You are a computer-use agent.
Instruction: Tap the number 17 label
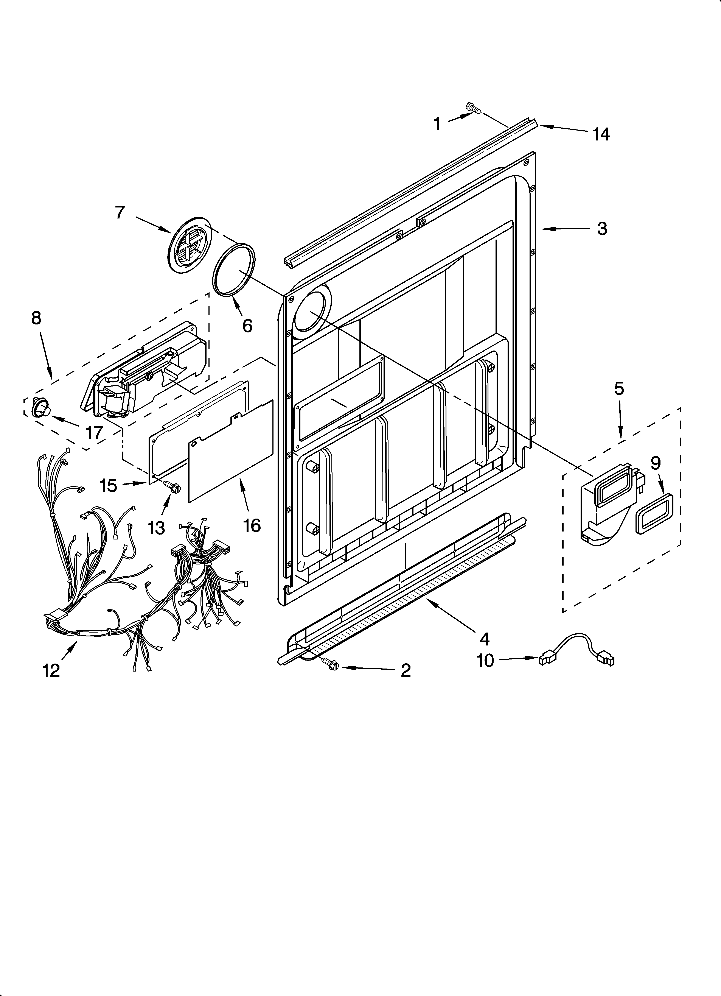(94, 433)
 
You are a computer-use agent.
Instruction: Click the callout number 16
(252, 525)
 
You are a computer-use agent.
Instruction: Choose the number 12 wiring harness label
(51, 671)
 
